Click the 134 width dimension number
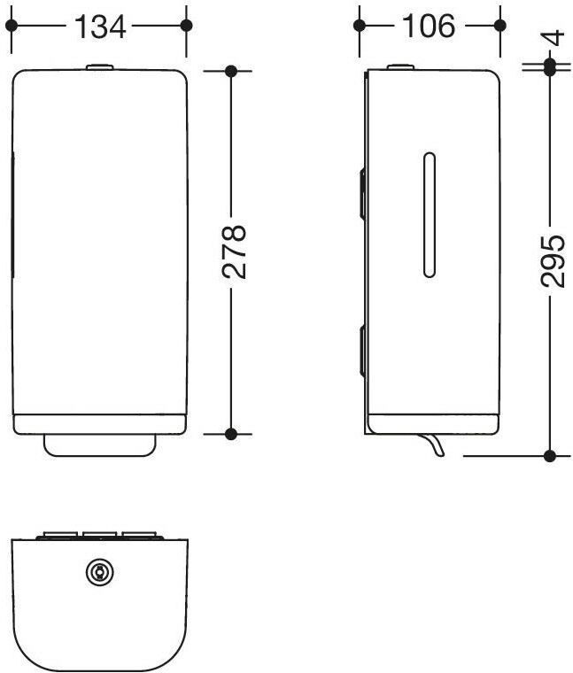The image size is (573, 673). [100, 27]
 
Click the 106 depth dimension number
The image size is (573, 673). [429, 27]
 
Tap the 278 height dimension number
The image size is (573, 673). [234, 252]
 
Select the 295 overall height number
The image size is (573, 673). [553, 261]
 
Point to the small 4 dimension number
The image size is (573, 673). [555, 38]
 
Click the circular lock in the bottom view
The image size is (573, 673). [99, 572]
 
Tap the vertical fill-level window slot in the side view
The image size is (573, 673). [430, 214]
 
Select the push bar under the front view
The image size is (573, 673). [99, 445]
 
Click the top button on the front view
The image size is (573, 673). [99, 67]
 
